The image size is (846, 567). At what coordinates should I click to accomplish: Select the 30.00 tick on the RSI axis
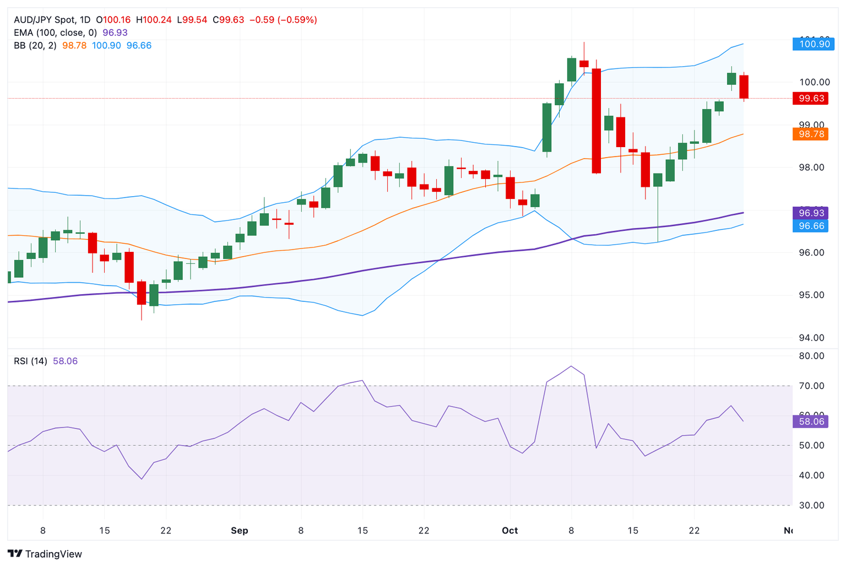[811, 505]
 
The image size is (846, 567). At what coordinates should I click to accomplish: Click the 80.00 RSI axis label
[811, 356]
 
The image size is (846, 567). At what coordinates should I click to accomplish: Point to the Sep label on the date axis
[239, 531]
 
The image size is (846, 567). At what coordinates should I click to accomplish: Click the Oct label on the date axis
[509, 531]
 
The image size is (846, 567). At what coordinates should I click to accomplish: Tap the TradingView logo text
[53, 554]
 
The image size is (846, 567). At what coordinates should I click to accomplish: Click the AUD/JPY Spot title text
[46, 20]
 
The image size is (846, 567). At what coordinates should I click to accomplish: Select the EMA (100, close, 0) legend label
[55, 33]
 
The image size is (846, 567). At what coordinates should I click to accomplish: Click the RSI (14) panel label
[30, 361]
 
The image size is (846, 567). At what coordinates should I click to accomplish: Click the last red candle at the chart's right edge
[744, 87]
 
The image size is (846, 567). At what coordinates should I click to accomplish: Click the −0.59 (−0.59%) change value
[283, 20]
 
